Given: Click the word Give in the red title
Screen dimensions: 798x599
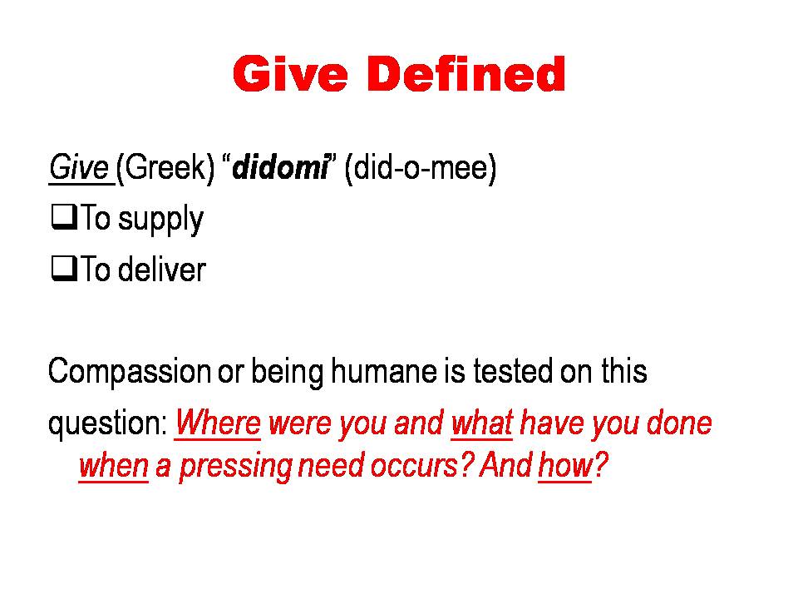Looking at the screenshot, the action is (291, 74).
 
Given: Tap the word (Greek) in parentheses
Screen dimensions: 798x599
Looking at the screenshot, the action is (165, 168).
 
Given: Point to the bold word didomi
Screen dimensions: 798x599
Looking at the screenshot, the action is (280, 167).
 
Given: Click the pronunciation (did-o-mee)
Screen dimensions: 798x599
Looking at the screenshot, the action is (421, 168).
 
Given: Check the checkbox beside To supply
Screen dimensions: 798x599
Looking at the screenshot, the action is (64, 217).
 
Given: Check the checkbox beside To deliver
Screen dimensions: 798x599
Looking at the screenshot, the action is (64, 269).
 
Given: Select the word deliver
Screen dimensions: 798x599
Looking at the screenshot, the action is (162, 269).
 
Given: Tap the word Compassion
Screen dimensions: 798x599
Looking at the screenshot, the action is (130, 373).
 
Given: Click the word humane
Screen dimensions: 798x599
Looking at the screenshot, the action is (384, 371).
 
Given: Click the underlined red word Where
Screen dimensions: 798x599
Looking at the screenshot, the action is (218, 423).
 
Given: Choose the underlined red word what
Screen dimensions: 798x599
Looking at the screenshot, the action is (482, 423).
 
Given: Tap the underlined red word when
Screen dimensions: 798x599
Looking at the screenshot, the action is (114, 466).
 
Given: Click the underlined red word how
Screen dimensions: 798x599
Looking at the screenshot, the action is (565, 466).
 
